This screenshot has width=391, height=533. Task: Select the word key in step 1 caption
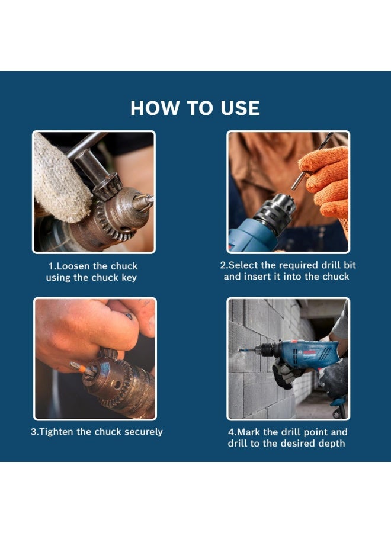click(x=128, y=277)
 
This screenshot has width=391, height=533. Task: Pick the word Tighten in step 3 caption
click(x=57, y=431)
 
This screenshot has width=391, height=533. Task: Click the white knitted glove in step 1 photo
click(x=56, y=178)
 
